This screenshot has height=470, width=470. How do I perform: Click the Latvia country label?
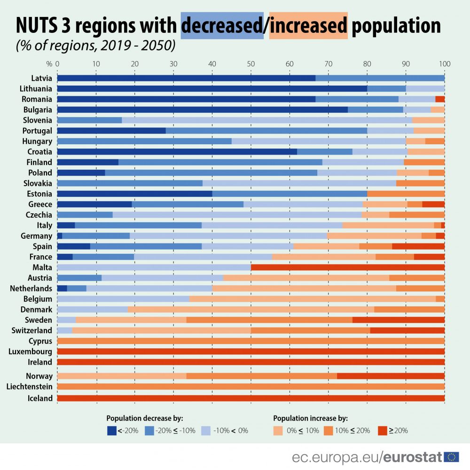click(41, 78)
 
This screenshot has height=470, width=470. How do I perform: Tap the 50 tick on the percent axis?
click(251, 63)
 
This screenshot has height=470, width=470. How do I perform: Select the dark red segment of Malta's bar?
click(348, 267)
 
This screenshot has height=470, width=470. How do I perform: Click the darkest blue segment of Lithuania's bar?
click(211, 88)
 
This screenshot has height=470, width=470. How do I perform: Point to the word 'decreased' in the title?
click(222, 25)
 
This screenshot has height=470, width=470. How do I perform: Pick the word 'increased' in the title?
click(308, 25)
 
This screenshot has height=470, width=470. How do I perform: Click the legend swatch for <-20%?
click(111, 430)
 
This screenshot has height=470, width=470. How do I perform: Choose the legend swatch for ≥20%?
click(382, 430)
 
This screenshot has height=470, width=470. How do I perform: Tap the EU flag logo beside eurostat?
click(452, 457)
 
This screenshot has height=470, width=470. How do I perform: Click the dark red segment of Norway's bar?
click(391, 376)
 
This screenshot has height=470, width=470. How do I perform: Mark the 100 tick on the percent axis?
click(445, 63)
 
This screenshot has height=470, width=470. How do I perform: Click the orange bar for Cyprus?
click(251, 341)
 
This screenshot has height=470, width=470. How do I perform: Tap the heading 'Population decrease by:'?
click(144, 418)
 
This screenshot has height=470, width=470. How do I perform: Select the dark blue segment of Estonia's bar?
click(134, 194)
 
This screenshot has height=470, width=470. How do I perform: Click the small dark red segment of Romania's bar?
click(440, 99)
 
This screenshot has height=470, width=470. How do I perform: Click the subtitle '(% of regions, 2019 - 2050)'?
click(95, 46)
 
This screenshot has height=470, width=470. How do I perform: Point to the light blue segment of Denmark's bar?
click(92, 309)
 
